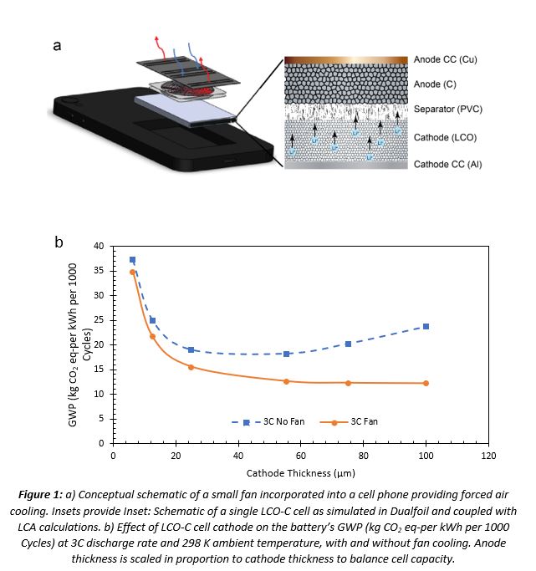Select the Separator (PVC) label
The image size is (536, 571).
click(x=448, y=110)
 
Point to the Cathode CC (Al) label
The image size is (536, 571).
click(x=448, y=165)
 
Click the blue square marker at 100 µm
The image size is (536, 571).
click(x=426, y=326)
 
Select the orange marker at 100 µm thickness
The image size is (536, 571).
click(x=426, y=383)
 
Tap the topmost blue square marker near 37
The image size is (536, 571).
click(x=132, y=260)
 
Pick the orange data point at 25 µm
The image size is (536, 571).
click(x=191, y=367)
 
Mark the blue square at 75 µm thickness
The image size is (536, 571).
click(x=348, y=344)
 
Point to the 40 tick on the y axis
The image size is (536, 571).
click(x=99, y=246)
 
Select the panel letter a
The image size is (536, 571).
click(x=57, y=45)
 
